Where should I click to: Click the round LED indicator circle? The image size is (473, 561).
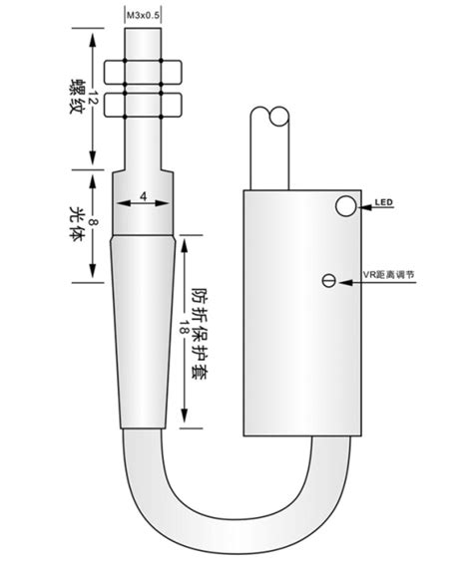coord(345,205)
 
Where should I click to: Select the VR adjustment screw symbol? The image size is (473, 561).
coord(328,282)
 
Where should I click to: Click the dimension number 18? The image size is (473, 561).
coord(186,330)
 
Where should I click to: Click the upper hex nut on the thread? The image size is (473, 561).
coord(145,73)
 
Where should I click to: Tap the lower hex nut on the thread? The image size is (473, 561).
coord(145,103)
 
